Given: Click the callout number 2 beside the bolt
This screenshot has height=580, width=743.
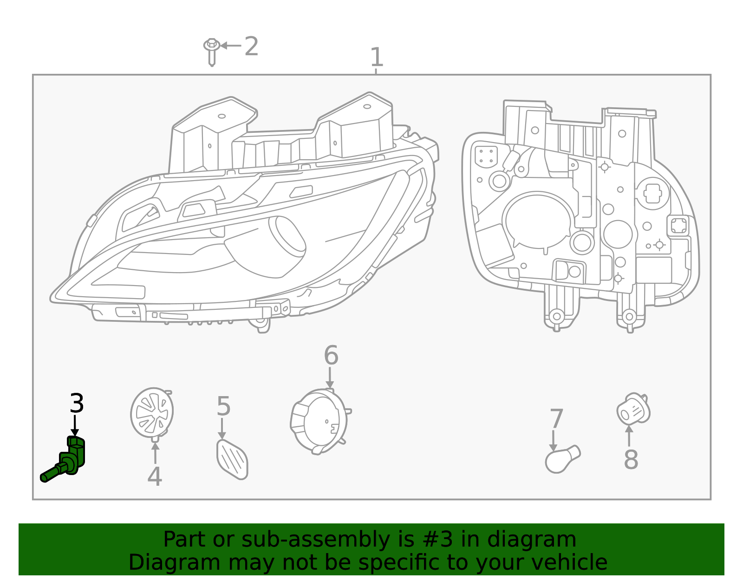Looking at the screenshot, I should click(251, 46).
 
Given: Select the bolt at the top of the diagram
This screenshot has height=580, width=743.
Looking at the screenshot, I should click(212, 51).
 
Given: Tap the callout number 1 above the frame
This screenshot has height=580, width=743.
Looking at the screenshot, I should click(377, 58).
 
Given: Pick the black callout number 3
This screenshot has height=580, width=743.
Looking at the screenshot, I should click(77, 404).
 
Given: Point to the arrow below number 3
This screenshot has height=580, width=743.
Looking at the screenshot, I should click(75, 426).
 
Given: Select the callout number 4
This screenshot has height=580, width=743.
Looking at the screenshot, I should click(155, 477).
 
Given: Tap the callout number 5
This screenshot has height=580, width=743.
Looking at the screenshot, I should click(223, 406).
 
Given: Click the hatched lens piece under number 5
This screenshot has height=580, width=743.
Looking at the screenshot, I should click(232, 460).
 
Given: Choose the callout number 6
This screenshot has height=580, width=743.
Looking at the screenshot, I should click(331, 356).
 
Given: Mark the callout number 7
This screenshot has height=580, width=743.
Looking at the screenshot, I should click(556, 419).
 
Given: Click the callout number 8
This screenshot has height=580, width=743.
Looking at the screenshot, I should click(631, 460).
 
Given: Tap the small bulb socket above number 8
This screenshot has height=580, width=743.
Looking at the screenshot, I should click(633, 409).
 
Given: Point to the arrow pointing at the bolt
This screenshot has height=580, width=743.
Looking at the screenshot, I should click(230, 46).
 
